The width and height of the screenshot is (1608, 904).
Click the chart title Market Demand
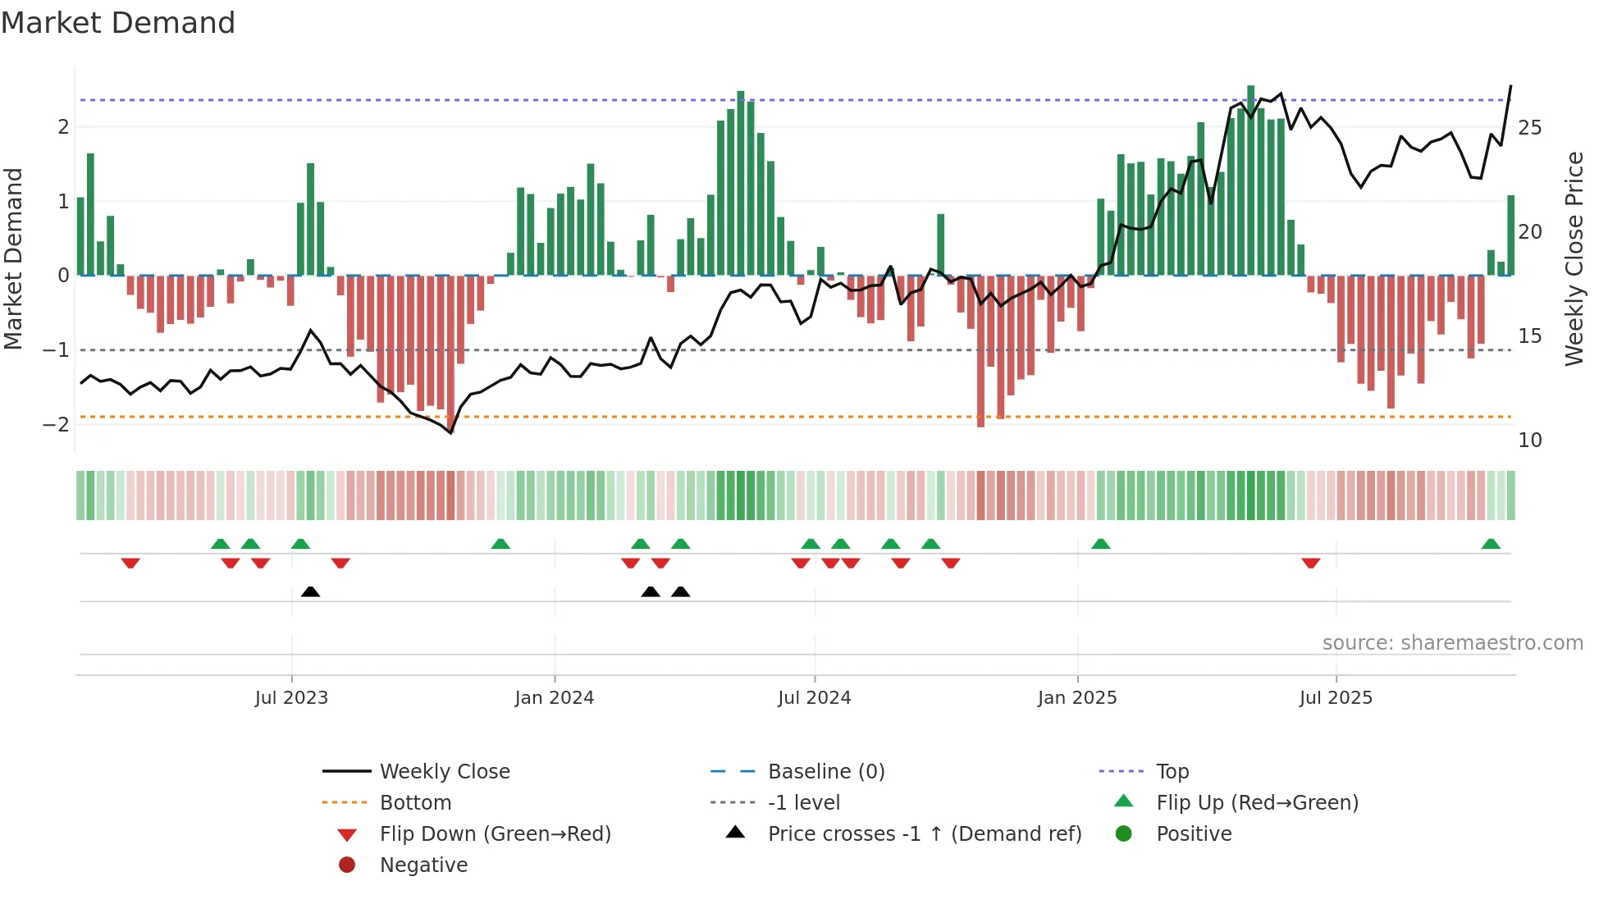coord(118,23)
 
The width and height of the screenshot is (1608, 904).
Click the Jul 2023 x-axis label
coord(291,698)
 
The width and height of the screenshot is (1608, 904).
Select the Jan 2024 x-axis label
coord(555,698)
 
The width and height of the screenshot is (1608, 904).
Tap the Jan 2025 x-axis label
coord(1077,698)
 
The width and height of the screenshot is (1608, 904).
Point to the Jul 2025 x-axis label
coord(1336,698)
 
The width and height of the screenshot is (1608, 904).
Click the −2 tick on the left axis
coord(56,425)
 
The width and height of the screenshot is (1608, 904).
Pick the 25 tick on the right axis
coord(1529,128)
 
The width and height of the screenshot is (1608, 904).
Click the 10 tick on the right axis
coord(1529,441)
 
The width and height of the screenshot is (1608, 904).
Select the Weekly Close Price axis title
coord(1574,258)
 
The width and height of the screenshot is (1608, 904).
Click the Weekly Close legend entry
coord(444,772)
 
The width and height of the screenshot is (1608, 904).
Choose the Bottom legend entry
coord(415,803)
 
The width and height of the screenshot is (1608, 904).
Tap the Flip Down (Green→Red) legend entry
coord(495,834)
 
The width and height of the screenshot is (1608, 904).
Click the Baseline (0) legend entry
coord(825,772)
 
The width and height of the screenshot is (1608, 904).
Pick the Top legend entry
coord(1172,772)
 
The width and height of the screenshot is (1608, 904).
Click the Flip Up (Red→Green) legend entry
coord(1257,803)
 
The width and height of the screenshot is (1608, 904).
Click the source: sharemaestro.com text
coord(1452,643)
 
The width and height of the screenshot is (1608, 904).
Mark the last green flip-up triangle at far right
coord(1491,544)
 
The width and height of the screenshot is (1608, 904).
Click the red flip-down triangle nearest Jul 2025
coord(1310,563)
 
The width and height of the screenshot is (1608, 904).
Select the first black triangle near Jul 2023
coord(310,591)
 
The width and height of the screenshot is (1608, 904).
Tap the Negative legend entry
coord(423,865)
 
